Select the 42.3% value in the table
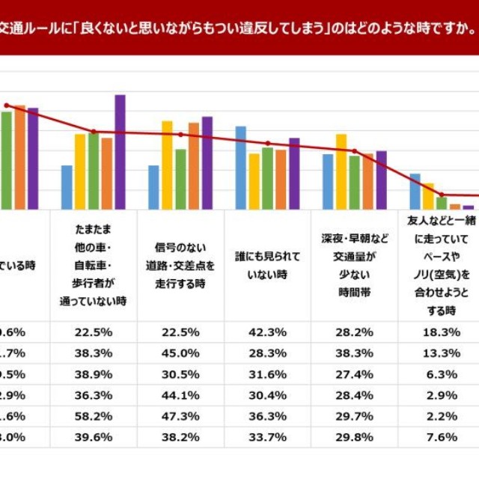coord(267,332)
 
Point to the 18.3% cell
coord(440,332)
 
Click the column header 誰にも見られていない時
coord(267,265)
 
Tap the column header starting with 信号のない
coord(180,265)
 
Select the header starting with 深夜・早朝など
coord(354,265)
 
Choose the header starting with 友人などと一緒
coord(440,265)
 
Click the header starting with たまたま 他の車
coord(94,265)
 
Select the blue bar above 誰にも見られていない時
coord(240,168)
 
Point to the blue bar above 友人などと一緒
coord(415,191)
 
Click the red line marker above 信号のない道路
coord(180,135)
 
